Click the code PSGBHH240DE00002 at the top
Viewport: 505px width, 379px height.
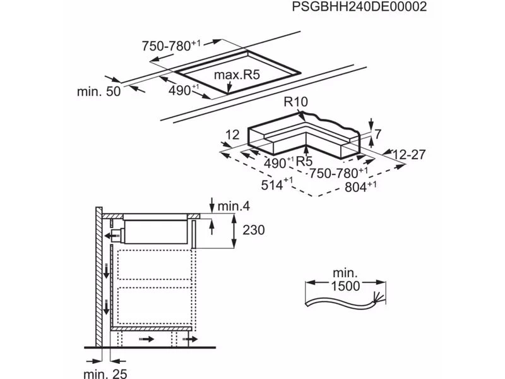click(x=359, y=6)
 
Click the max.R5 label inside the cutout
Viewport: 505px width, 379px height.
click(x=237, y=75)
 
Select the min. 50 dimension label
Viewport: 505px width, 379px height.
click(x=98, y=92)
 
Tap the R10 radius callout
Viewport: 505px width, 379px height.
click(x=295, y=102)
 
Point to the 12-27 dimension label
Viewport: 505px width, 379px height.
click(x=409, y=155)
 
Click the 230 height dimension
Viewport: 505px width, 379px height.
click(x=254, y=230)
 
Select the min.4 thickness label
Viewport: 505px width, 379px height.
click(x=234, y=206)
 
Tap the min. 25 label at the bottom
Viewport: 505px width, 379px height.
click(x=105, y=373)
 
